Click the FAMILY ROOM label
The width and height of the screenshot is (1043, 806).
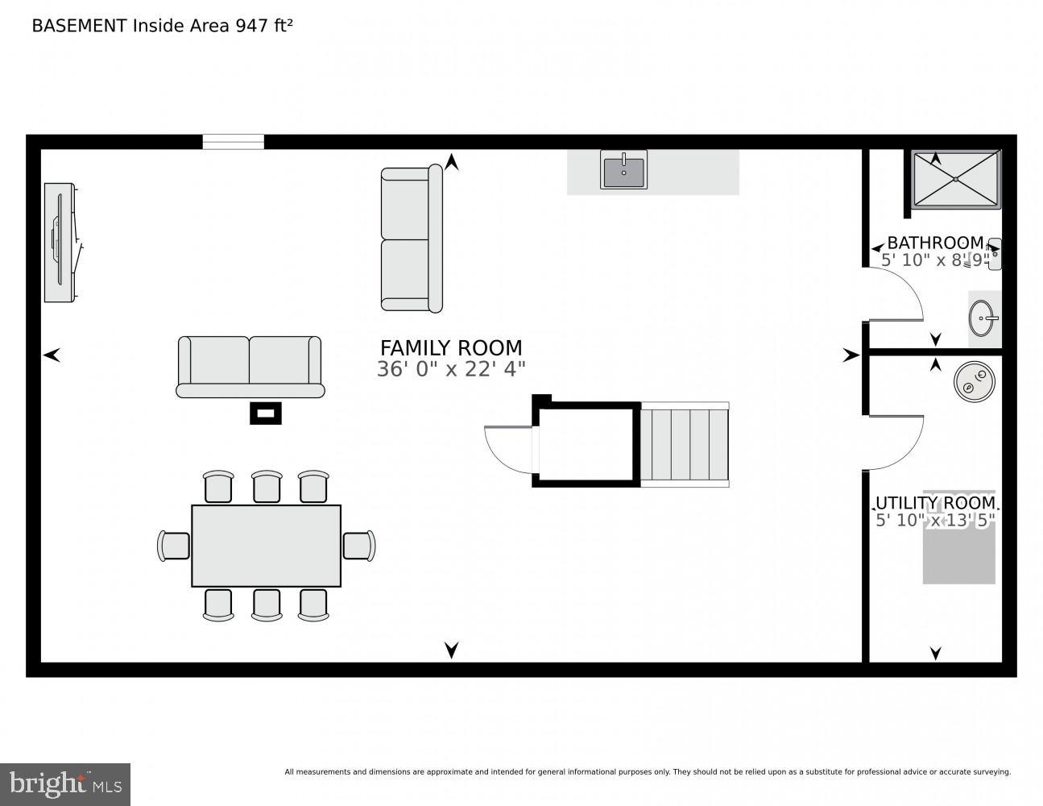coord(451,348)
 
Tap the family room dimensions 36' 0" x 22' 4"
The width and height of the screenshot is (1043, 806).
coord(451,370)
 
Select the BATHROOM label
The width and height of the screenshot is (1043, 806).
coord(935,243)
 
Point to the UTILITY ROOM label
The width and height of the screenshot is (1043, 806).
coord(935,504)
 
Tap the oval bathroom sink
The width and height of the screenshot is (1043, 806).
coord(983,318)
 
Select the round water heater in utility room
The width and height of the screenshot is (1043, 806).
coord(975,381)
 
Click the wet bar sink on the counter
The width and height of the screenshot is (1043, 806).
coord(623,171)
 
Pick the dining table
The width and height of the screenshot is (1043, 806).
coord(266,546)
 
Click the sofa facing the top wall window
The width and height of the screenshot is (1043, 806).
coord(250,367)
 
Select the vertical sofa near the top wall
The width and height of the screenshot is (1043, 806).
coord(412,239)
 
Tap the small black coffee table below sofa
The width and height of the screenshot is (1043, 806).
coord(266,413)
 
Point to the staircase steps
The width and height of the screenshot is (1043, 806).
coord(684,445)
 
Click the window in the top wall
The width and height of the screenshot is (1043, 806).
coord(233,142)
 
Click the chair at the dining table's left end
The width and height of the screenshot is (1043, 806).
coord(174,546)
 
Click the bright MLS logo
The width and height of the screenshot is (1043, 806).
coord(65,784)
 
